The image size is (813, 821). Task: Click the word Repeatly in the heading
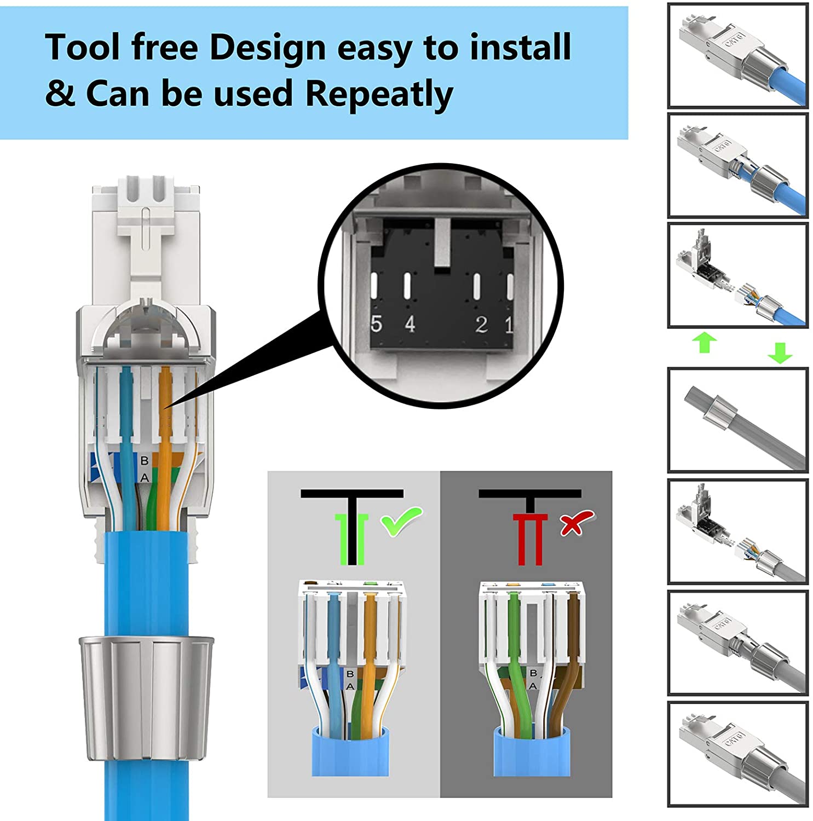click(379, 94)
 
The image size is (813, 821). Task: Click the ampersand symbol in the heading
click(60, 93)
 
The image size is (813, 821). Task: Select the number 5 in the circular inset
click(376, 324)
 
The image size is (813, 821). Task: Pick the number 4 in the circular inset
click(410, 324)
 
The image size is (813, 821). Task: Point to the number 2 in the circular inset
click(481, 325)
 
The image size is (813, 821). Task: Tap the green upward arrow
click(705, 343)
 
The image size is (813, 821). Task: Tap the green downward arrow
click(780, 352)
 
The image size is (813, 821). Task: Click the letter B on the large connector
click(144, 461)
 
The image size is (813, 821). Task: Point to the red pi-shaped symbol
click(529, 539)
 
